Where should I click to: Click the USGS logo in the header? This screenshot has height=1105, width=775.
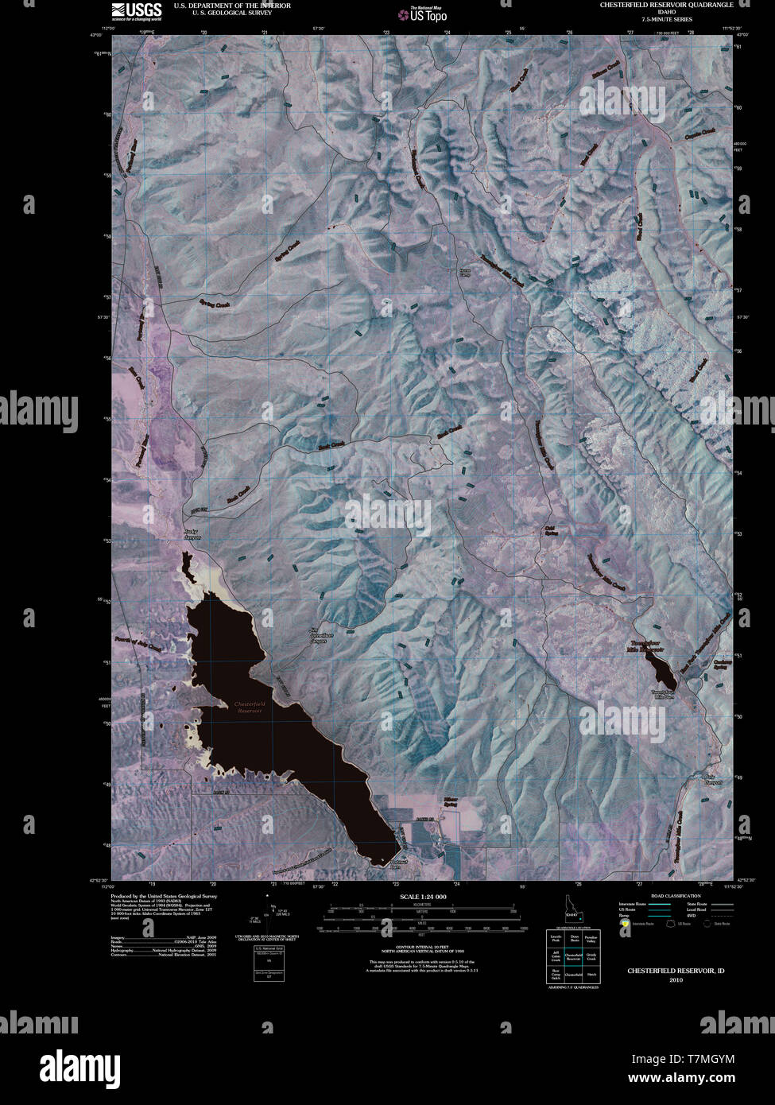click(136, 10)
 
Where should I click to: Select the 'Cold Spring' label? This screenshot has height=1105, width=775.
click(549, 530)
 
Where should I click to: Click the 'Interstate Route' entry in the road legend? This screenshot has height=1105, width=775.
click(636, 905)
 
